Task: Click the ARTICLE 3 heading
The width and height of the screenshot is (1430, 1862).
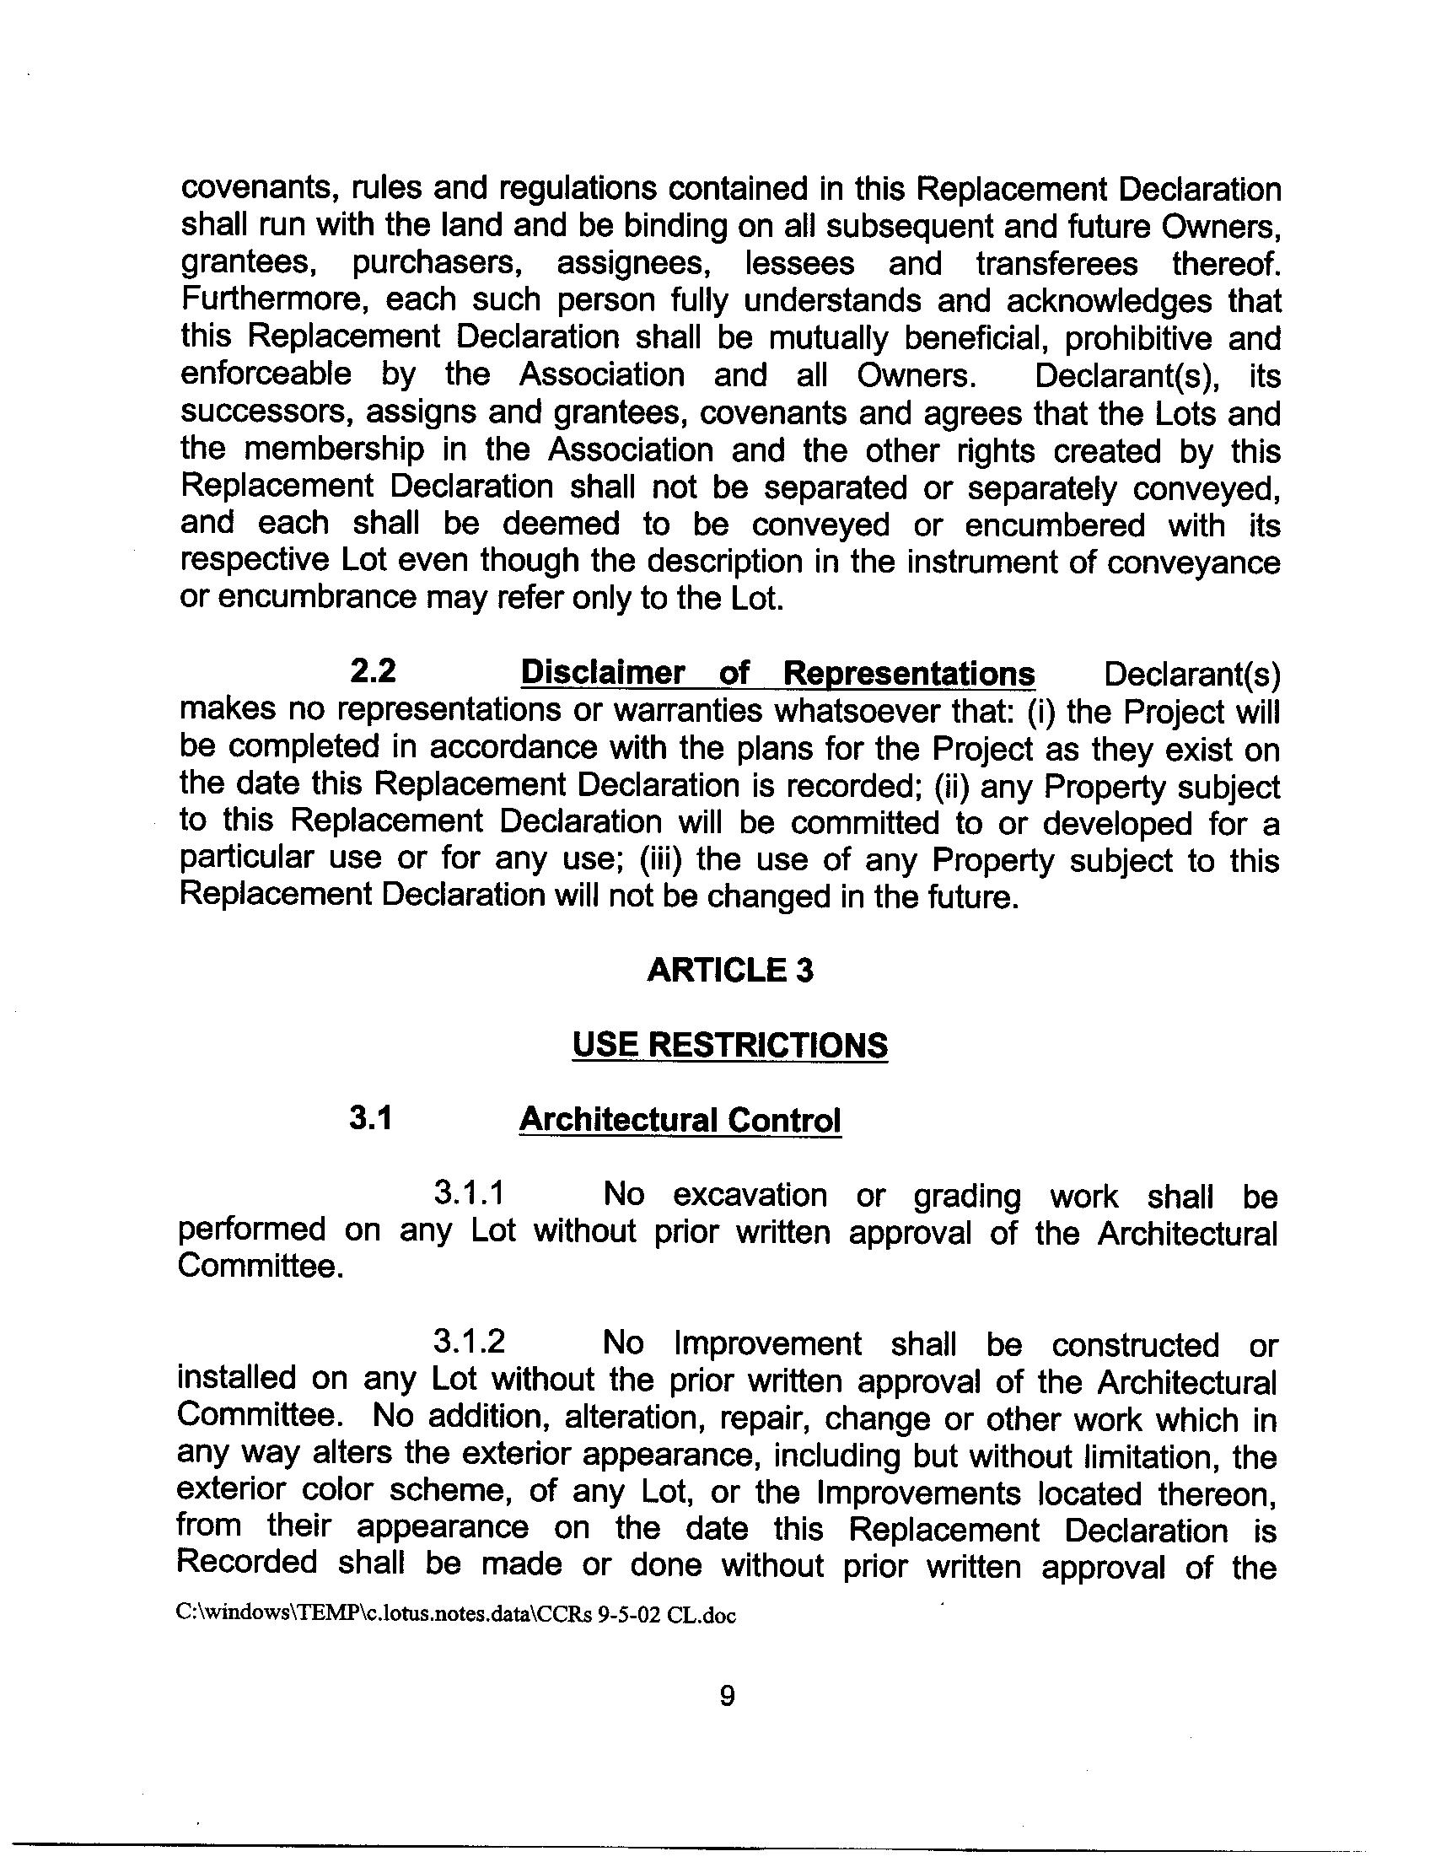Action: click(x=729, y=971)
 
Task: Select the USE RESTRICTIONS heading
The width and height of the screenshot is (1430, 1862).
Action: click(x=729, y=1045)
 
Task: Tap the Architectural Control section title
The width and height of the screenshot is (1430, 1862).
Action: click(x=680, y=1120)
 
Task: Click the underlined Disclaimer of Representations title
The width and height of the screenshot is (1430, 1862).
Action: click(x=777, y=674)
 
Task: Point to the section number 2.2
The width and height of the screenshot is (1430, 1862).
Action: click(x=373, y=673)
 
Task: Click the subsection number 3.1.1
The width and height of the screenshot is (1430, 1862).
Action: click(x=468, y=1193)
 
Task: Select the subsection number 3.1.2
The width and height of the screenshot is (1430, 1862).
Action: click(x=468, y=1343)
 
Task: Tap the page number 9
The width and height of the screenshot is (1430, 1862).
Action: click(x=727, y=1697)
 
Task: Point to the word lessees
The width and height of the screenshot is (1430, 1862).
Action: click(x=799, y=263)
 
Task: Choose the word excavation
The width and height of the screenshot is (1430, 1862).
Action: click(x=750, y=1194)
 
